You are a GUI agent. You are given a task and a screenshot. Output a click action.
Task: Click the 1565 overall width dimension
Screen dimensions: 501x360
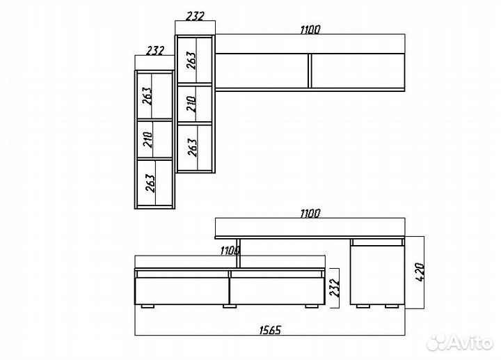click(x=270, y=329)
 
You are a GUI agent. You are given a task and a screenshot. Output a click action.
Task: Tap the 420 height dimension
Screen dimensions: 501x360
click(x=420, y=272)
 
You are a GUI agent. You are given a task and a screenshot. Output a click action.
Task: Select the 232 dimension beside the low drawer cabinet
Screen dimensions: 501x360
click(x=334, y=288)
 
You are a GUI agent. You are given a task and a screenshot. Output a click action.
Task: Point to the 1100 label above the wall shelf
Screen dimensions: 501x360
click(x=310, y=29)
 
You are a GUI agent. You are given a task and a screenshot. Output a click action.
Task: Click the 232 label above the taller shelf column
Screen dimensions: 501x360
click(x=195, y=16)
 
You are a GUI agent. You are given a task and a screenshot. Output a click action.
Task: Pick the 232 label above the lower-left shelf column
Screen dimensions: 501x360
click(x=155, y=51)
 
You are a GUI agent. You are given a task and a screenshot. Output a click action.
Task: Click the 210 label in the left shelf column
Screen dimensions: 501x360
click(x=148, y=139)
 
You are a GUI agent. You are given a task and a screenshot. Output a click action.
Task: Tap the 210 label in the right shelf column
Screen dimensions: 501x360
click(x=191, y=104)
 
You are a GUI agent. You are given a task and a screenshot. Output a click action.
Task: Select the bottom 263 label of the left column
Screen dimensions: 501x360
click(x=150, y=183)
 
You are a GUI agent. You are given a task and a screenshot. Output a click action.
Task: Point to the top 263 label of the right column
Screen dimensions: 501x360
click(x=191, y=60)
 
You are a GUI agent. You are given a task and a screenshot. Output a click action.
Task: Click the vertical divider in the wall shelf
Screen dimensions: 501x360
click(x=310, y=71)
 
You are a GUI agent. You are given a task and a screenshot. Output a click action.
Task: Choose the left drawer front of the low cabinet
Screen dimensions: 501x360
click(x=182, y=290)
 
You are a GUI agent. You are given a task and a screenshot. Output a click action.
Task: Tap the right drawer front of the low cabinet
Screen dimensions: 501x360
click(x=278, y=290)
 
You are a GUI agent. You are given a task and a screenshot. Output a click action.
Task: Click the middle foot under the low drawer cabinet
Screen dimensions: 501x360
click(x=230, y=306)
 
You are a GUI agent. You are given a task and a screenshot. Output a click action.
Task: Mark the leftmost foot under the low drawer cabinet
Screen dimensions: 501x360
click(x=148, y=306)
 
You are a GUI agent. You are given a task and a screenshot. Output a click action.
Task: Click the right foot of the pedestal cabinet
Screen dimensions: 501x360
click(x=392, y=306)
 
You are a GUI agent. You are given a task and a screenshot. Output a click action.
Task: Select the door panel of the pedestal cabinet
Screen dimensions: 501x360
click(x=377, y=275)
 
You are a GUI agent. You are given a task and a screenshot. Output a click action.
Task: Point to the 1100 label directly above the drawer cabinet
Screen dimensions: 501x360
click(x=230, y=250)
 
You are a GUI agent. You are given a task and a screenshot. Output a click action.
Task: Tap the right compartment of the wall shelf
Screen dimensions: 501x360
click(x=358, y=71)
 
